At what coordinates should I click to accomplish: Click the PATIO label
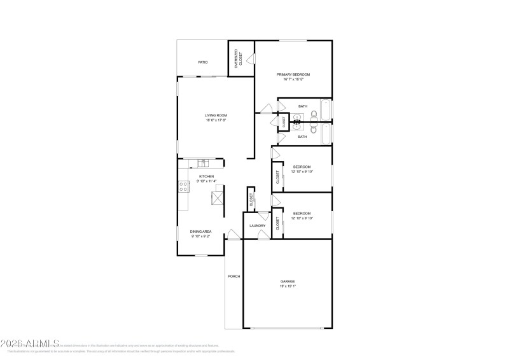click(203, 62)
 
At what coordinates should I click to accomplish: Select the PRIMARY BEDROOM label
click(294, 74)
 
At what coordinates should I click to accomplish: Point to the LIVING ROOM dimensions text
click(216, 120)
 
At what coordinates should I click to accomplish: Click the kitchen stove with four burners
click(183, 186)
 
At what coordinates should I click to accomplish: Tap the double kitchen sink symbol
click(202, 163)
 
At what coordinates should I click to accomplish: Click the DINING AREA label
click(201, 232)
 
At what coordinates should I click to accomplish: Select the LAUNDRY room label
click(257, 226)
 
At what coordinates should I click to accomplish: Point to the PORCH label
click(234, 277)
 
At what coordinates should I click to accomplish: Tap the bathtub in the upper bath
click(326, 109)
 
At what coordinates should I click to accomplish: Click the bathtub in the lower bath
click(326, 134)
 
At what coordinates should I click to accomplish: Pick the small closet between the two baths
click(284, 121)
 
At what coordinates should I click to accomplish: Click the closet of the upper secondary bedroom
click(278, 177)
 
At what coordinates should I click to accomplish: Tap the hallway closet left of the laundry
click(251, 199)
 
